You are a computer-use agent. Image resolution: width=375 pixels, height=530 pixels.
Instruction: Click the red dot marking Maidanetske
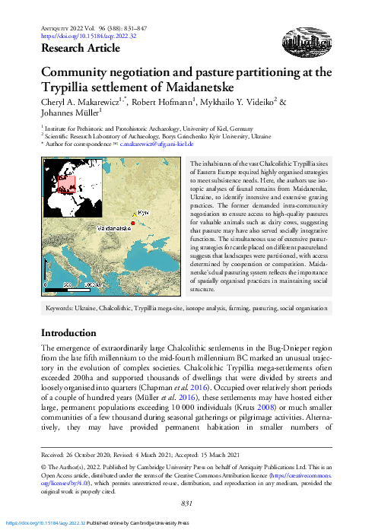[132, 221]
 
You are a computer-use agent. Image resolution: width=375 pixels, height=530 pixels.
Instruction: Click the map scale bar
[74, 285]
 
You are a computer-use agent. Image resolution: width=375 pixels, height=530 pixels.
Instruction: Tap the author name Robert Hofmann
[157, 103]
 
